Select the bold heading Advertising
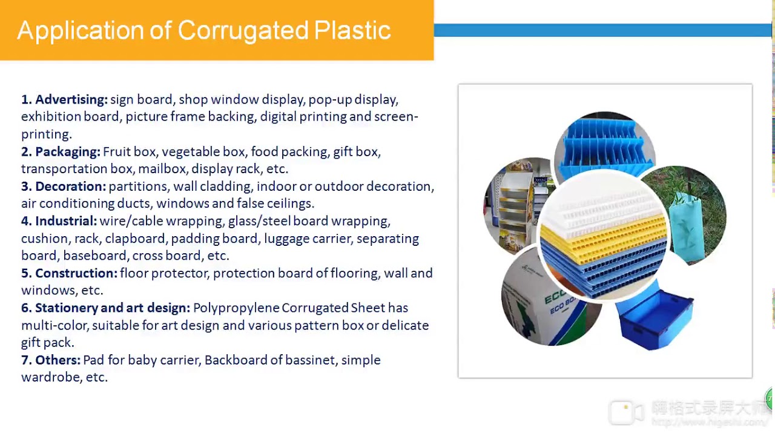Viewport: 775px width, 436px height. click(x=71, y=99)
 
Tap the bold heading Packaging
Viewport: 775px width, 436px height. click(x=67, y=151)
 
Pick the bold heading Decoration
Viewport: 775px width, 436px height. click(x=70, y=186)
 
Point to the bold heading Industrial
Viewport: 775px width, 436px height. click(x=65, y=221)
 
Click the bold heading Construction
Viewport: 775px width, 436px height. click(x=76, y=273)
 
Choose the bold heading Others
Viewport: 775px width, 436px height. click(x=57, y=360)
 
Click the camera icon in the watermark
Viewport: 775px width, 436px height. click(x=625, y=412)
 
